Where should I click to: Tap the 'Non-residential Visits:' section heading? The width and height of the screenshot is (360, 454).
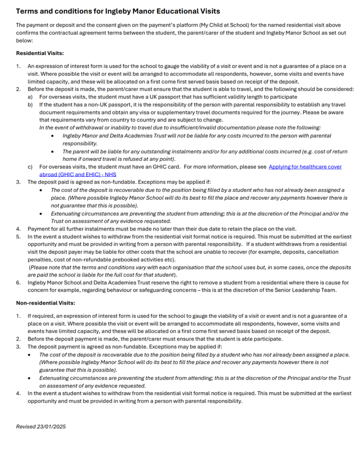[46, 303]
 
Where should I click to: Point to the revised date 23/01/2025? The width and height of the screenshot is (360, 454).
[41, 427]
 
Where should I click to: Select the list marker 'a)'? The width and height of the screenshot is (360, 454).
[30, 97]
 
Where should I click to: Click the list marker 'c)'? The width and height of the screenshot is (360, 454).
[30, 167]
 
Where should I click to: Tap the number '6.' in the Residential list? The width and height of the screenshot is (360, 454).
[19, 282]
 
